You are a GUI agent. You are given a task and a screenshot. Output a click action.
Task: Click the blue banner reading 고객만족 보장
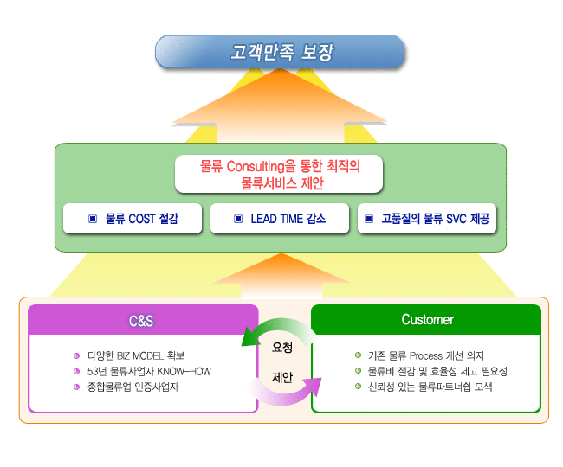[280, 52]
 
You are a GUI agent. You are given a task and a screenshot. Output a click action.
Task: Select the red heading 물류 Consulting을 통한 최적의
[280, 166]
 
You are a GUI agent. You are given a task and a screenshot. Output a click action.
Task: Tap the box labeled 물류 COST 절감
[133, 218]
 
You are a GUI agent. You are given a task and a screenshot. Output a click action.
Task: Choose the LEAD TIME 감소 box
[280, 218]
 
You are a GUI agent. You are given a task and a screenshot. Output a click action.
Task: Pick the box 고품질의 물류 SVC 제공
[427, 218]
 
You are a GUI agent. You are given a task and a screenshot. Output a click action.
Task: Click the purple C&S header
[143, 320]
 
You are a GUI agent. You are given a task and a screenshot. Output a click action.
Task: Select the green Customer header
[426, 319]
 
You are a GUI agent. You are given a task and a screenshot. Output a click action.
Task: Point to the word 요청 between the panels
[282, 347]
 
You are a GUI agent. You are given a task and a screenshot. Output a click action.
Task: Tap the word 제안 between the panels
[282, 377]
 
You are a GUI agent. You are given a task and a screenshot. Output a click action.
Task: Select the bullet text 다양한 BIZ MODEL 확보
[136, 356]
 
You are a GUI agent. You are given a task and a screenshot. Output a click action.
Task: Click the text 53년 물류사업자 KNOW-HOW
[149, 371]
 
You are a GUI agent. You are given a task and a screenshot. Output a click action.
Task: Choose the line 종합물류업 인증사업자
[133, 387]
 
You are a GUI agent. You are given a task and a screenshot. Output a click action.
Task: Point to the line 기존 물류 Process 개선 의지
[426, 355]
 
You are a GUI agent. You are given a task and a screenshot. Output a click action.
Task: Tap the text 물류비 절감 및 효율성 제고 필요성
[437, 371]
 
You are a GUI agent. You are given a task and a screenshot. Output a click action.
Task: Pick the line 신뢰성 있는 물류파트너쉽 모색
[430, 387]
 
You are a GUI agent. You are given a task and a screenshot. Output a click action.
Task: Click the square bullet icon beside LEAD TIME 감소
[238, 219]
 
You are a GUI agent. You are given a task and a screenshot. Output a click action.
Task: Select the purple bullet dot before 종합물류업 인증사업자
[76, 387]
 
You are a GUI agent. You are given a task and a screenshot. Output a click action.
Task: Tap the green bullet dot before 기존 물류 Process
[358, 355]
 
